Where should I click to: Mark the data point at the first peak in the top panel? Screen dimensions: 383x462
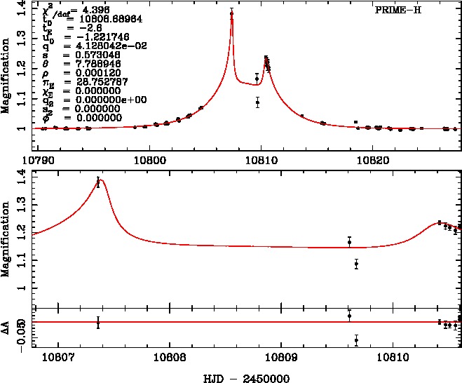click(231, 13)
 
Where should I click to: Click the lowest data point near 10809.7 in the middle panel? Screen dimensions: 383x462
click(356, 264)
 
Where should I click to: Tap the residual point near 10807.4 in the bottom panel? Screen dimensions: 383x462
click(98, 323)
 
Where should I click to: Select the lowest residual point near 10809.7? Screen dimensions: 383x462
click(356, 340)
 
